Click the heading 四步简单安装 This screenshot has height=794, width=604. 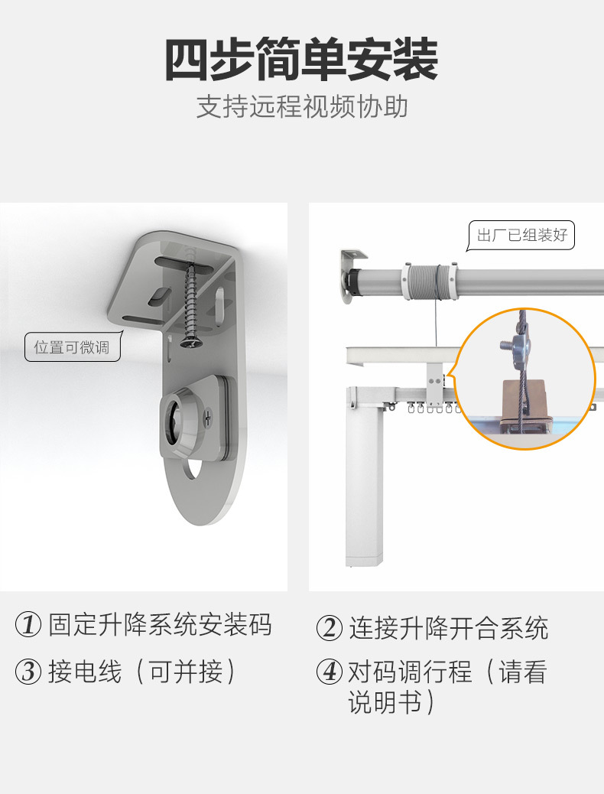pyautogui.click(x=301, y=60)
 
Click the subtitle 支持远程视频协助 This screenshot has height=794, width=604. pyautogui.click(x=301, y=107)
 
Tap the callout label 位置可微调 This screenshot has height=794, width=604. pyautogui.click(x=72, y=348)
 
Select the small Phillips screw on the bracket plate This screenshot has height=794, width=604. pyautogui.click(x=209, y=417)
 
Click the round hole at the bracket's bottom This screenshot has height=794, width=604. pyautogui.click(x=193, y=470)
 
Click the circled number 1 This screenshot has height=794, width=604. pyautogui.click(x=28, y=626)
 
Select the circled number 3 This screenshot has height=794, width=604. pyautogui.click(x=28, y=672)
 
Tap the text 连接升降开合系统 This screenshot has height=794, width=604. pyautogui.click(x=449, y=628)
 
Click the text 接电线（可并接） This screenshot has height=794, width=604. pyautogui.click(x=142, y=672)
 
